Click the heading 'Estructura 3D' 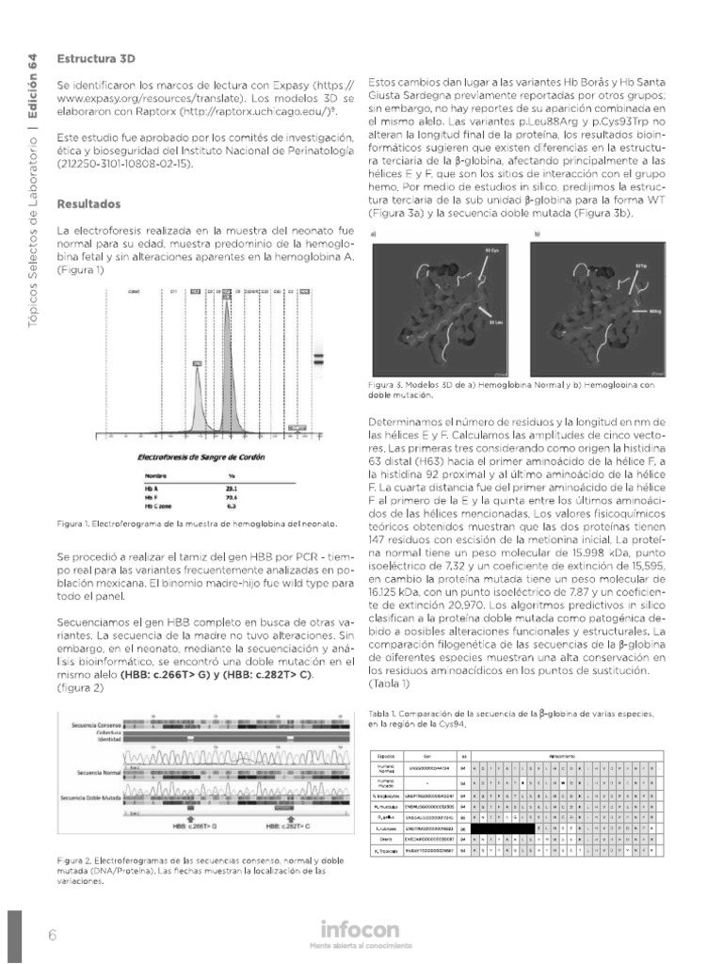pos(96,56)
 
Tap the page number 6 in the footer pos(53,935)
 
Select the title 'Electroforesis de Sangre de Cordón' pos(201,457)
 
